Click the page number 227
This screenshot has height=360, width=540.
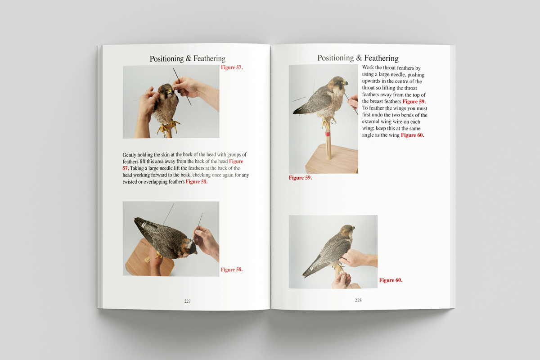(187, 301)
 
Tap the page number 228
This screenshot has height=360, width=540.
(358, 300)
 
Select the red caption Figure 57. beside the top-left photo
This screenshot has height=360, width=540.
(232, 67)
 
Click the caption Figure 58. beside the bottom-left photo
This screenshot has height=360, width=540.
(232, 270)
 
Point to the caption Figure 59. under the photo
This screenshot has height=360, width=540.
(301, 178)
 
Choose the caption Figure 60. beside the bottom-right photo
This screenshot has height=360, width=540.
(391, 280)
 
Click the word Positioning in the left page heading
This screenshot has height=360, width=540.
(166, 58)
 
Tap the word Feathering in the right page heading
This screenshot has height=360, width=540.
(381, 58)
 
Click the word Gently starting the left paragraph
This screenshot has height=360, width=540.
(129, 155)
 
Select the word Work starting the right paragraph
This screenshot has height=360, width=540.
(368, 67)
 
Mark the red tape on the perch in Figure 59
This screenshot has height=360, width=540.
(328, 134)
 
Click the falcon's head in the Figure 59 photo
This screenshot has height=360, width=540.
(340, 82)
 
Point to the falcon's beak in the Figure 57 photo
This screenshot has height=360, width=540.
(171, 92)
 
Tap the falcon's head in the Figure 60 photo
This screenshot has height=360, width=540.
(347, 230)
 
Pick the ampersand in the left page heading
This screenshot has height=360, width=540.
(189, 58)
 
